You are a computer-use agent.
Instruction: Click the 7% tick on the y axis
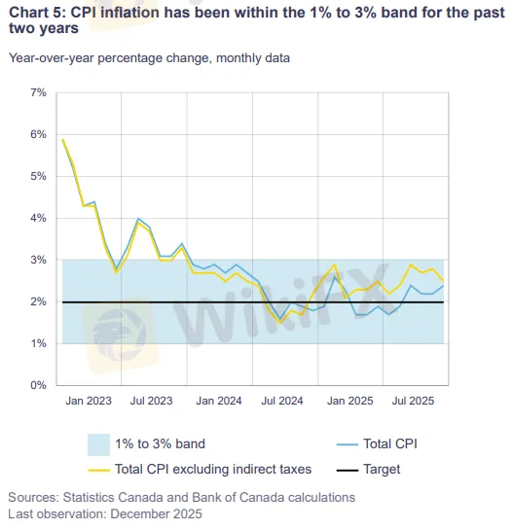(x=38, y=92)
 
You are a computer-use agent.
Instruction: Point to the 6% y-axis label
(x=38, y=134)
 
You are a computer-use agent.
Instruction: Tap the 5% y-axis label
(x=38, y=176)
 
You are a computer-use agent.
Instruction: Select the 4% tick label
(x=38, y=218)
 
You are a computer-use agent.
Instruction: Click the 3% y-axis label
(x=38, y=260)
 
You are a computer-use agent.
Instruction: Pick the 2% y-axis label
(x=38, y=301)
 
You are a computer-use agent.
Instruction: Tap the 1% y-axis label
(x=38, y=343)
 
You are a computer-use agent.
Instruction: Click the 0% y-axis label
(x=38, y=385)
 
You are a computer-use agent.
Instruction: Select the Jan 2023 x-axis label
(x=88, y=401)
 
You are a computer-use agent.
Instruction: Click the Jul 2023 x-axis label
(x=152, y=401)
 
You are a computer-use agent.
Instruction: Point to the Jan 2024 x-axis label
(x=219, y=401)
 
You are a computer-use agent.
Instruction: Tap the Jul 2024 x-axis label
(x=283, y=401)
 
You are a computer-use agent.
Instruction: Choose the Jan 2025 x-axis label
(x=349, y=401)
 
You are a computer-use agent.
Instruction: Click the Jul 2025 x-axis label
(x=414, y=401)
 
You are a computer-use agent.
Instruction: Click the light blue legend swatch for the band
(x=96, y=443)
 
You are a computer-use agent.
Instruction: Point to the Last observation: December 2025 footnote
(x=105, y=512)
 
